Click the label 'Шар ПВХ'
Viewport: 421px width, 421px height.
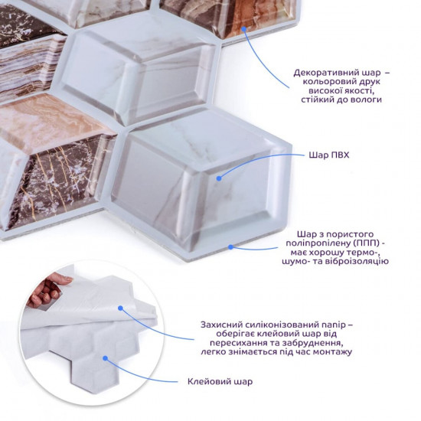point(329,155)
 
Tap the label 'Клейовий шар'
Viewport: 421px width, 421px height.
point(220,381)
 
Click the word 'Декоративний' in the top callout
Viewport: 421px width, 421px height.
point(322,73)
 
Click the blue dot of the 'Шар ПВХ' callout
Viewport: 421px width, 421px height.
point(219,178)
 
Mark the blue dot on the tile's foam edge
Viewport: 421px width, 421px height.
point(230,246)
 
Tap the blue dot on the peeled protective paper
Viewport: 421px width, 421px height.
point(120,308)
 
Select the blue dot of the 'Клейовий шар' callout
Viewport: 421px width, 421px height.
point(106,358)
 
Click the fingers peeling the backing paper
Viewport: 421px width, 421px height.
point(46,290)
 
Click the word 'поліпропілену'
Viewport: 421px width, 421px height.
point(318,243)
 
